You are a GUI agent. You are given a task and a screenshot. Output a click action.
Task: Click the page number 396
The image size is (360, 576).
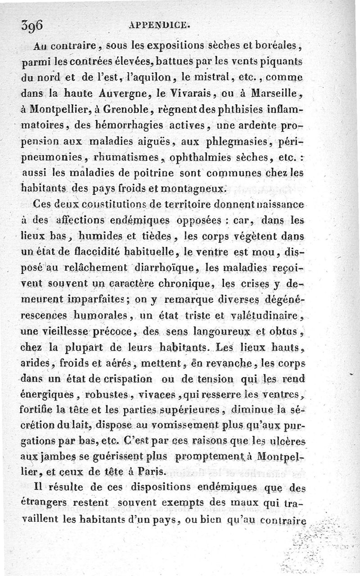pos(31,26)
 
